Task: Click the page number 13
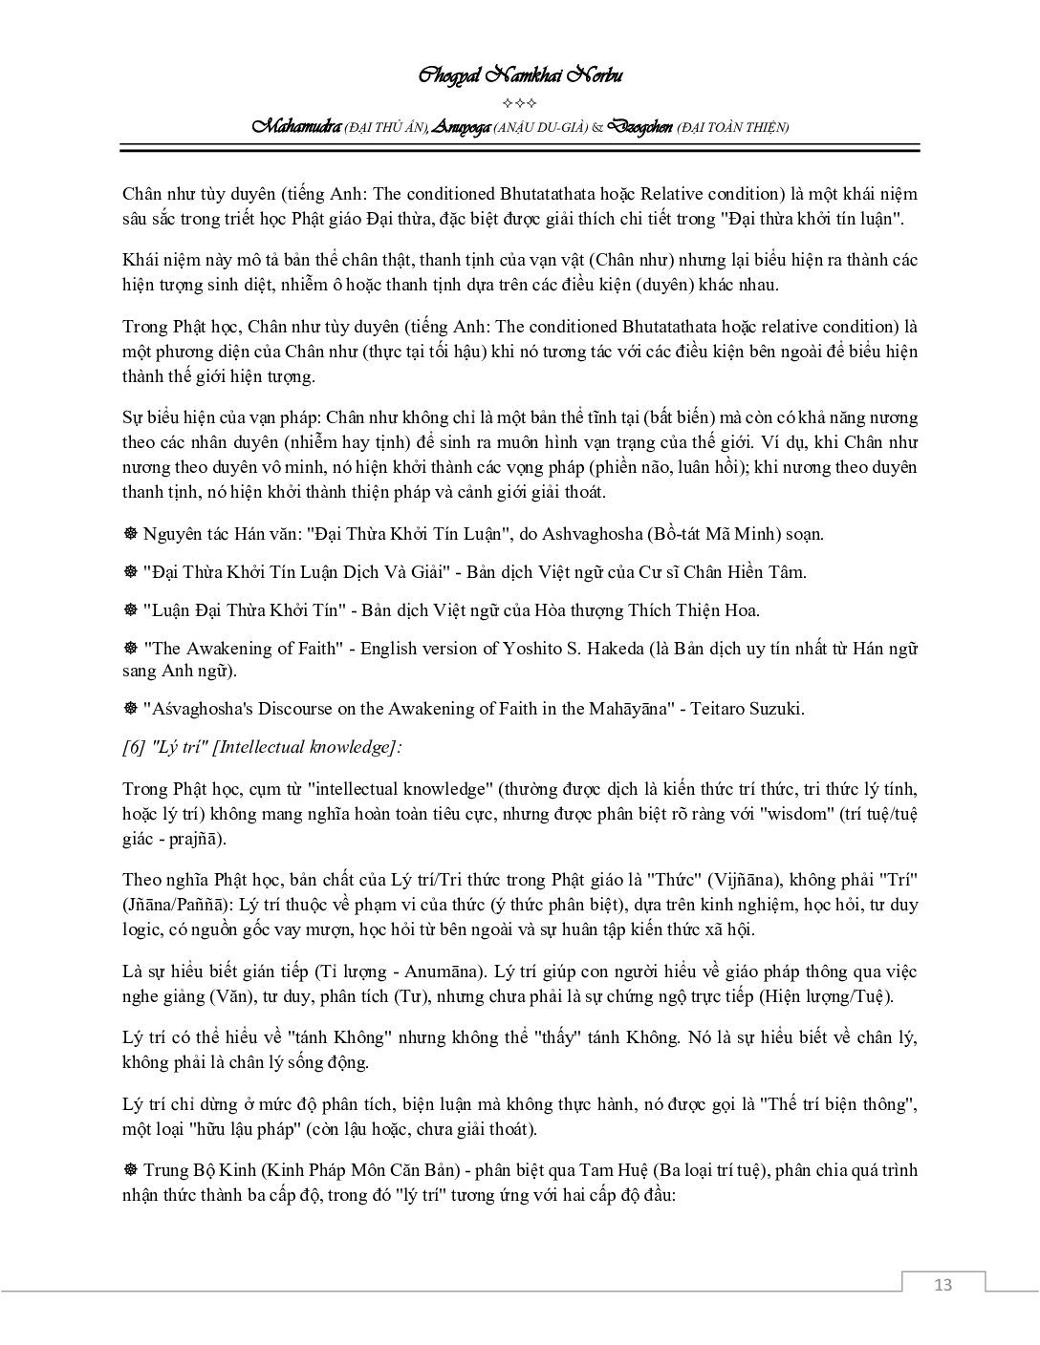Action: (x=942, y=1284)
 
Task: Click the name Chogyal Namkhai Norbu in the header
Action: (x=521, y=76)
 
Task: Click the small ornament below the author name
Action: (x=521, y=103)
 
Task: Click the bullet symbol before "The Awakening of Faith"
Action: (x=130, y=649)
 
